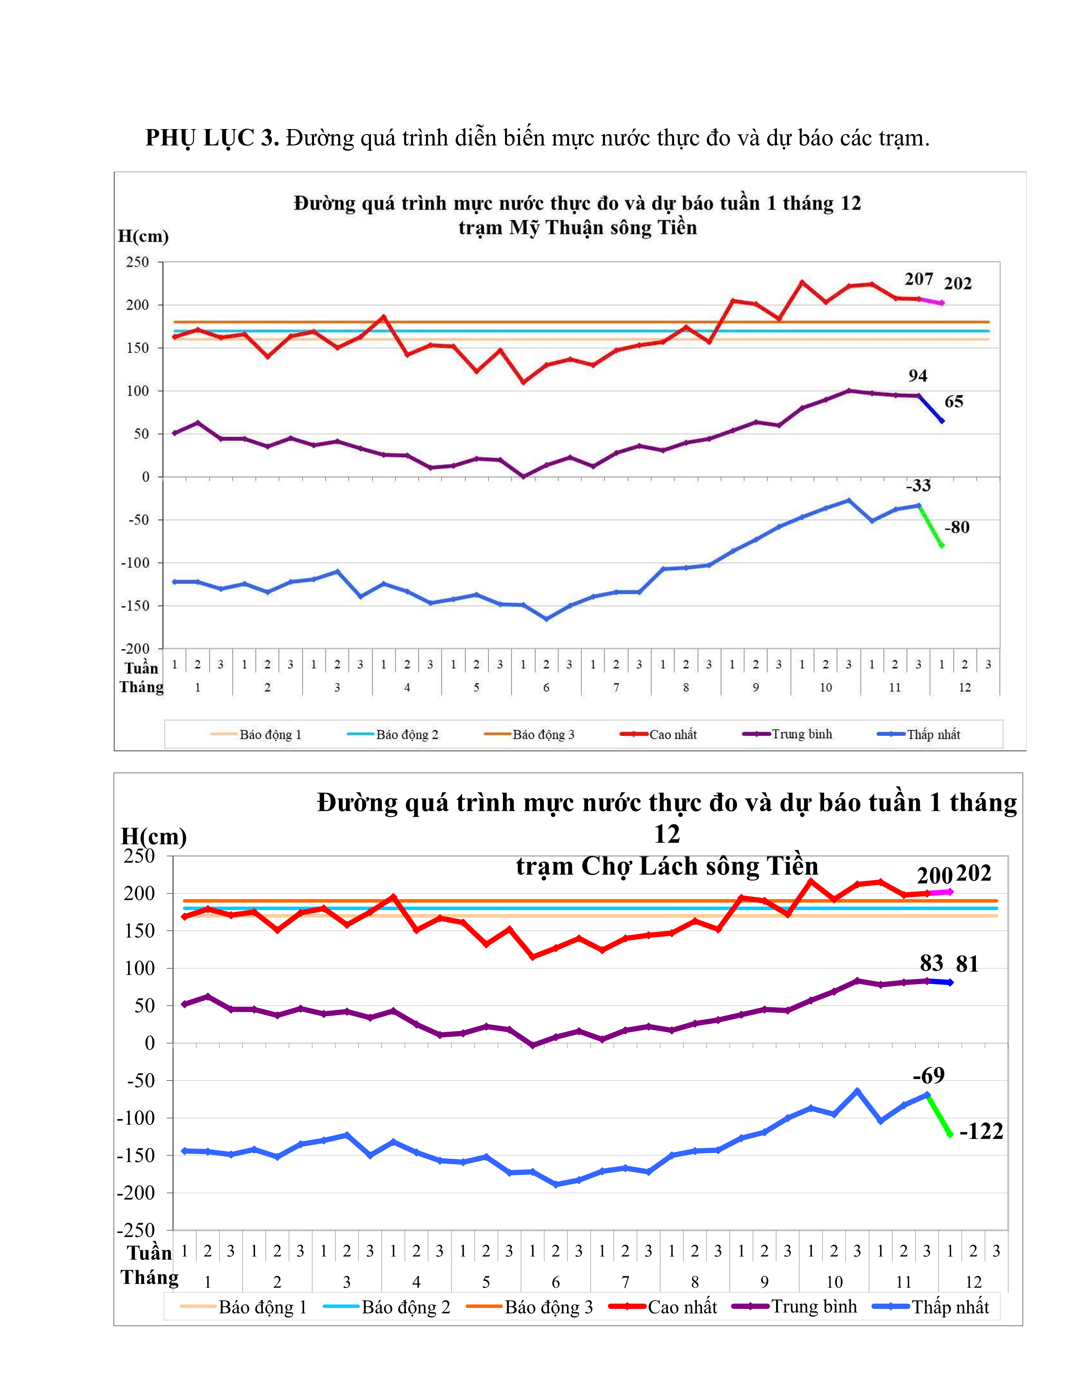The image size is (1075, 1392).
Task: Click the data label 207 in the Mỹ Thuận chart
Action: [x=918, y=279]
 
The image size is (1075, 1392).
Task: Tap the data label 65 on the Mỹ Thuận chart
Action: [x=953, y=402]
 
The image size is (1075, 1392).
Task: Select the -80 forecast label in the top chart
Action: [x=957, y=527]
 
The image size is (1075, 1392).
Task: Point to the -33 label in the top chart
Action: [x=918, y=486]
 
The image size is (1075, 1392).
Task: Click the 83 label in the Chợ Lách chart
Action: [x=931, y=963]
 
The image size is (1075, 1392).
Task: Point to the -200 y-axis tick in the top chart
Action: [x=135, y=648]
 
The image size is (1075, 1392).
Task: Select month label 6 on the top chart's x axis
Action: [x=546, y=687]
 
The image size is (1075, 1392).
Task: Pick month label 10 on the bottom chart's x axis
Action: [x=834, y=1282]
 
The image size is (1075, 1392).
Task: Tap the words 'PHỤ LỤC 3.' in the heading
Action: [x=212, y=138]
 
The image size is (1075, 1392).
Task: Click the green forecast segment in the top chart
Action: [x=930, y=526]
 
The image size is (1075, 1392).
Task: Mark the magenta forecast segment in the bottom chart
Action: [x=939, y=892]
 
